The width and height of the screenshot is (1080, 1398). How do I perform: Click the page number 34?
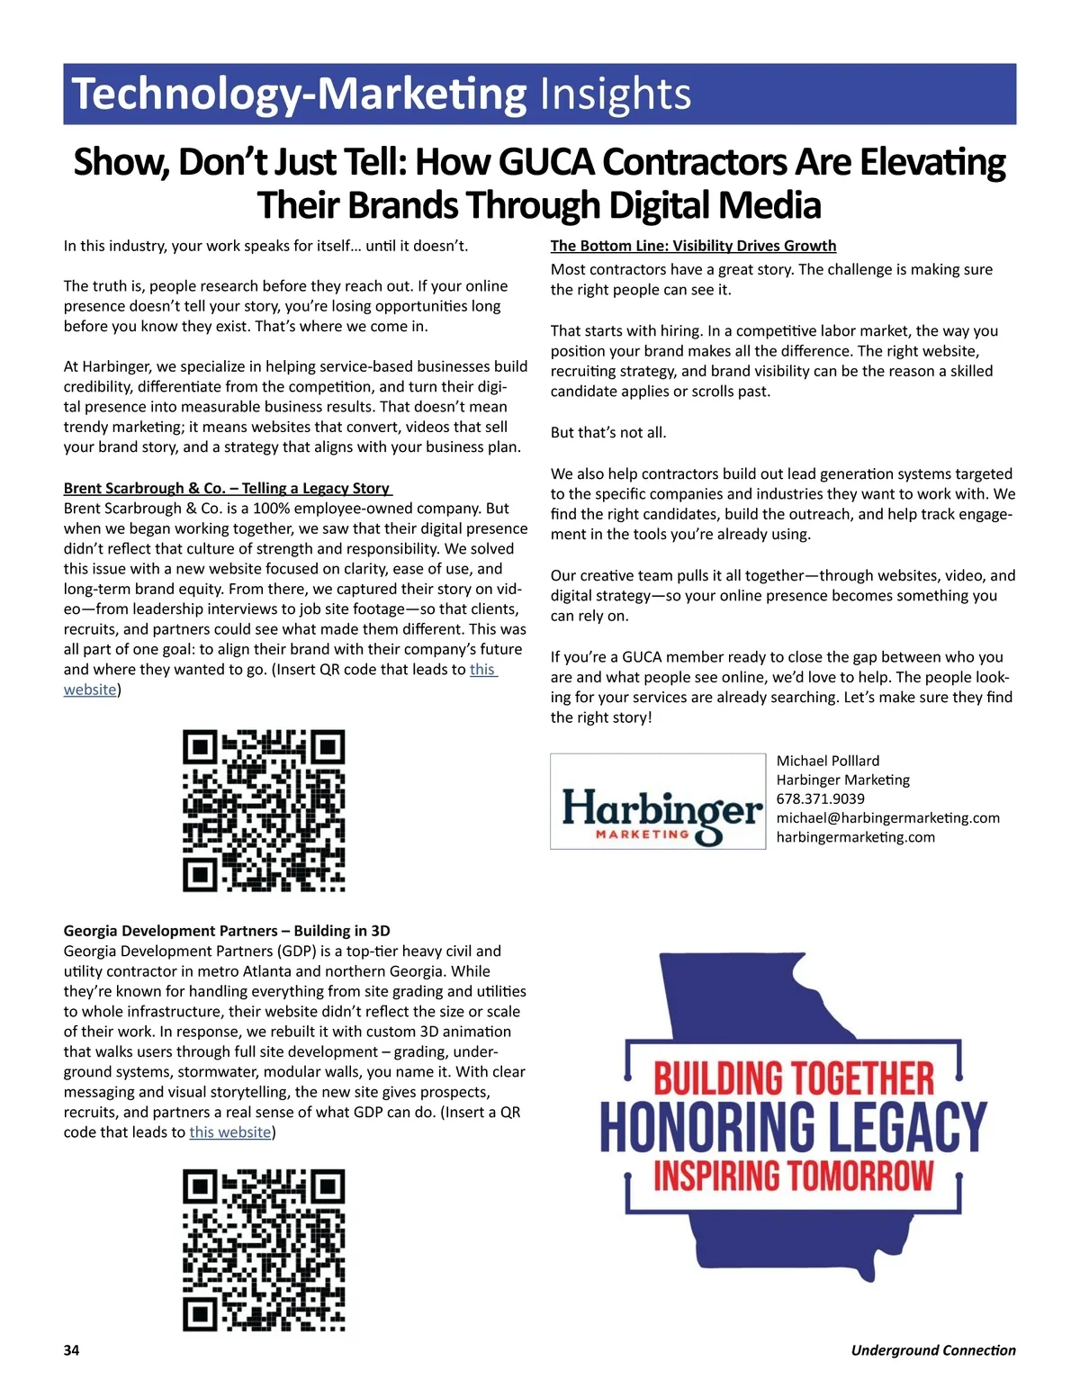71,1350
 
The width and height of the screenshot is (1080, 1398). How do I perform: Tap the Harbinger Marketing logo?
658,801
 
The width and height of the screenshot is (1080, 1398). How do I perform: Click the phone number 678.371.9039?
820,798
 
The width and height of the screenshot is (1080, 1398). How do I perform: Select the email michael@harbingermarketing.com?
887,817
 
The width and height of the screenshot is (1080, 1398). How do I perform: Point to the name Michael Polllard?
827,761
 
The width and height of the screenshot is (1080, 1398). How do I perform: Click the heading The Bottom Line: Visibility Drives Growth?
693,246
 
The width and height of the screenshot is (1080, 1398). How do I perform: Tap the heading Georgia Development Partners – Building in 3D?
227,931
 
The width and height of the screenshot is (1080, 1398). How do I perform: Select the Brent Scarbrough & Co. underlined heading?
227,488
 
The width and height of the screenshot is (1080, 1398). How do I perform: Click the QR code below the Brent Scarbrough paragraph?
264,811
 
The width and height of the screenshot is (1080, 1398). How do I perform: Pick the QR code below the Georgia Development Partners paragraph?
264,1250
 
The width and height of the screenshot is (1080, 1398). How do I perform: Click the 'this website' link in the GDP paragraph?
230,1132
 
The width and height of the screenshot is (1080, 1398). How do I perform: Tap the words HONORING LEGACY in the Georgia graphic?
793,1126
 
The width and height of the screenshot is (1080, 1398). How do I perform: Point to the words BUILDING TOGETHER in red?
793,1078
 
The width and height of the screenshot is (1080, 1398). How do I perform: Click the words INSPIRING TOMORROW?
793,1176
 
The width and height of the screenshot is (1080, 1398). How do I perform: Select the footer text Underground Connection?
932,1350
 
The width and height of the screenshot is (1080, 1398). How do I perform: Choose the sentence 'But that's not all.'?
608,432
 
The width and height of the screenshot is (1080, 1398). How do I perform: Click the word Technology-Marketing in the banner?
299,95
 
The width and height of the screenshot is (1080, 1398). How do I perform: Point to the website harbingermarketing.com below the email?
855,837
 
